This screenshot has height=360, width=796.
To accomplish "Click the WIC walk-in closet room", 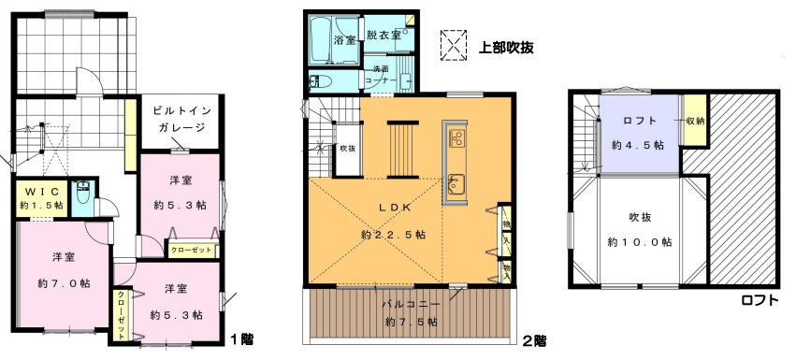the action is tap(42, 198).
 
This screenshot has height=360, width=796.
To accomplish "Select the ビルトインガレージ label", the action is tap(181, 119).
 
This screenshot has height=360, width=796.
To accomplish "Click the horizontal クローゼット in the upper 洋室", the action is tap(192, 250).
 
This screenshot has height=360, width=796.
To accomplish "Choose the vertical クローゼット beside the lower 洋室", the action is tap(123, 315).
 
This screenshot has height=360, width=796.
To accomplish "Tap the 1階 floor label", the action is tap(242, 338).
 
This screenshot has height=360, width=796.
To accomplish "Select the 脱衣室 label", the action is tap(384, 35).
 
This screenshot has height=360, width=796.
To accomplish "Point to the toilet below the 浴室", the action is tap(320, 81).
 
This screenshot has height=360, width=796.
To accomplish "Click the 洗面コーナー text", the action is tap(384, 75).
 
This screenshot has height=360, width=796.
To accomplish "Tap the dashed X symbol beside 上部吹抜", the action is tap(454, 46).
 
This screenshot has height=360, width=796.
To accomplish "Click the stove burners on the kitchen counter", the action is tap(456, 137).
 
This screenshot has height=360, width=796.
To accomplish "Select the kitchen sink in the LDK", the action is tap(456, 183).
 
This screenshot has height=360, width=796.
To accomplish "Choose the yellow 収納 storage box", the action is tap(694, 121).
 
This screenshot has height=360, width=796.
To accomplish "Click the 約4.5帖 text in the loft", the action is tap(638, 145).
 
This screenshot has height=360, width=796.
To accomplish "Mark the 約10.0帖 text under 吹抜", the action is tap(640, 242).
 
